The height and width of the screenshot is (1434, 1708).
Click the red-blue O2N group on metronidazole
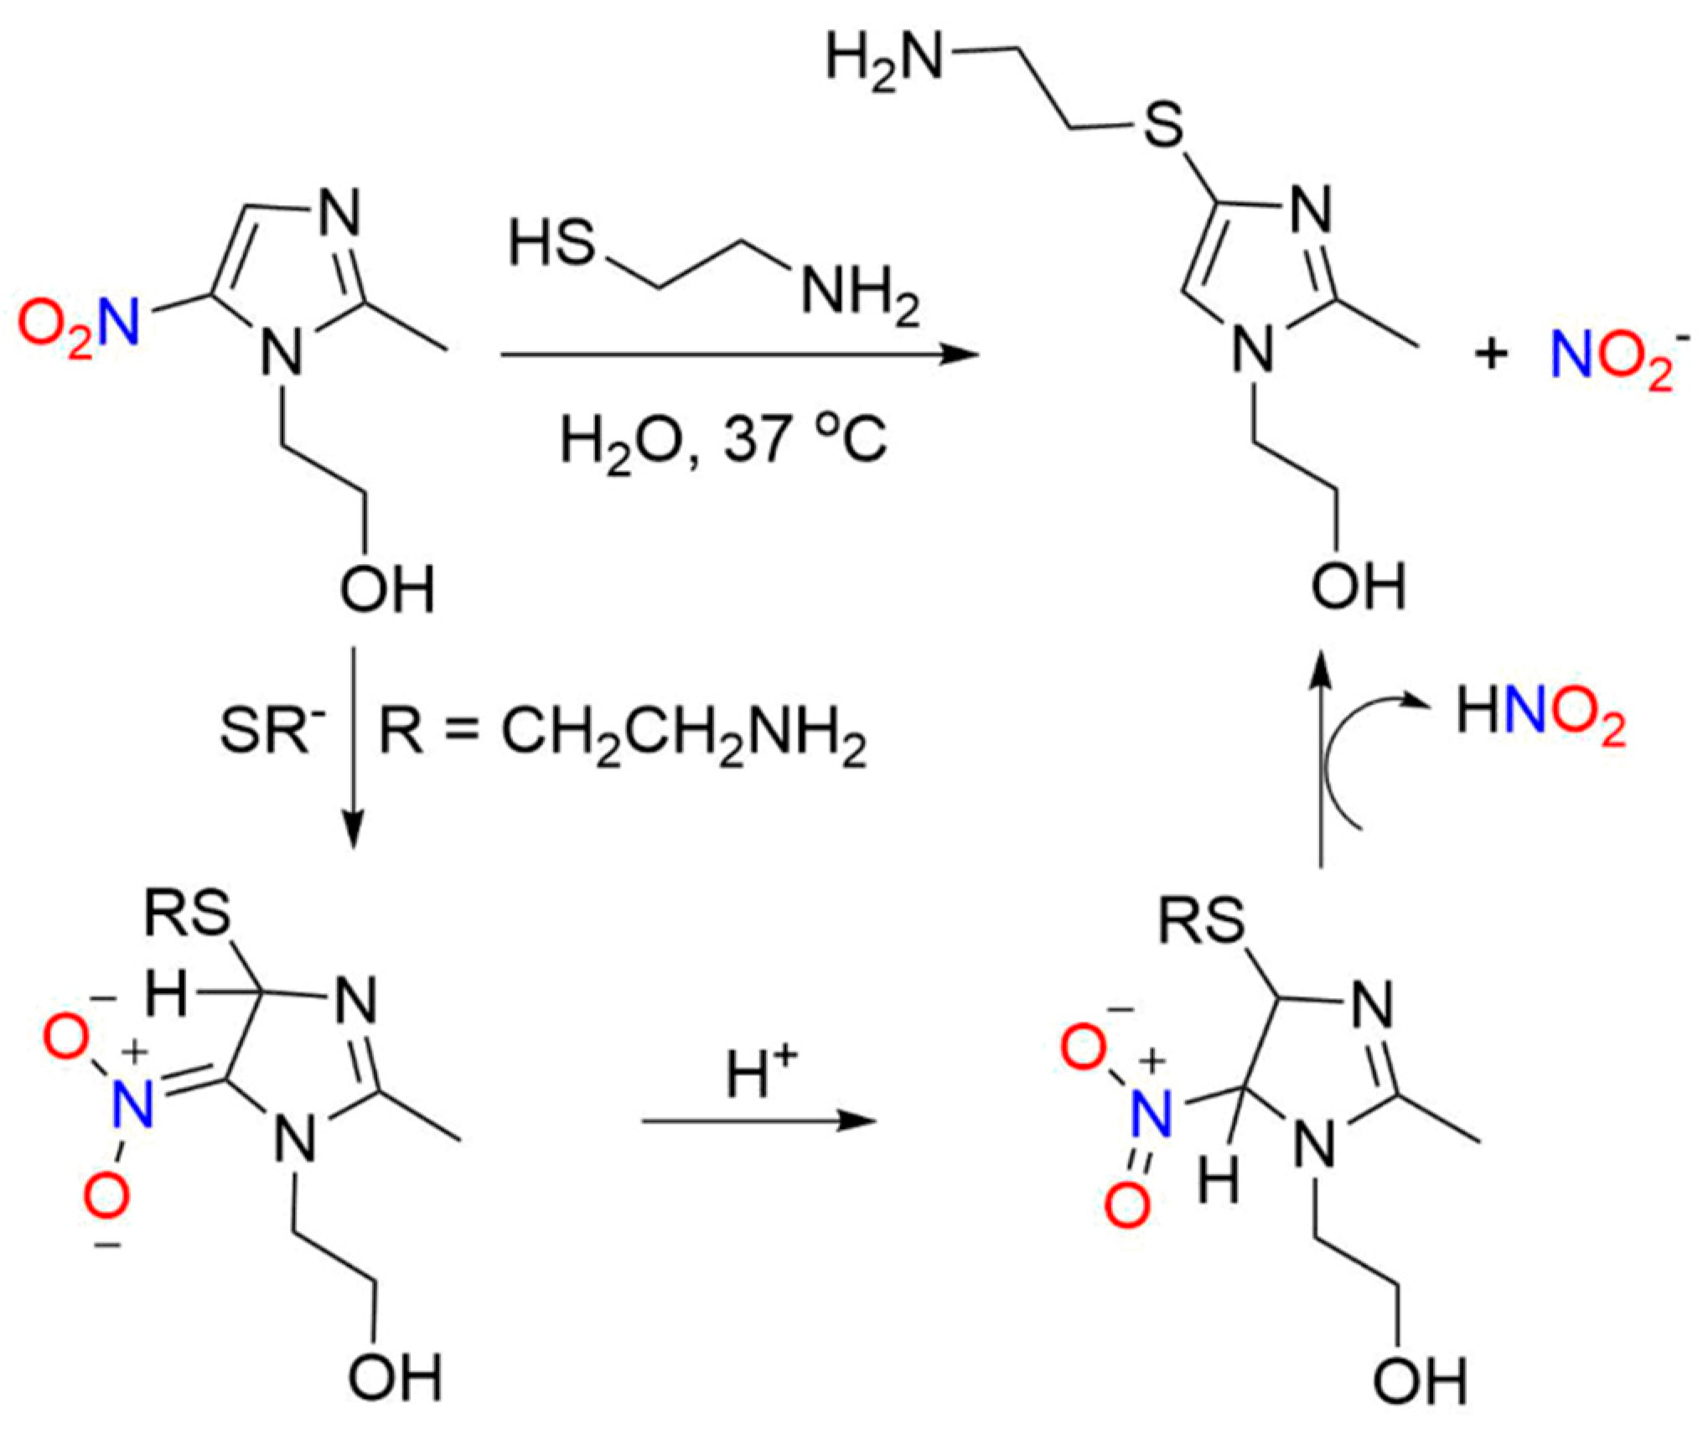(78, 326)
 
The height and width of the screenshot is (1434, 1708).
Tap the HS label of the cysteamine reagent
(552, 245)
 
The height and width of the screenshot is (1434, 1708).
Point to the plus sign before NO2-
(1491, 354)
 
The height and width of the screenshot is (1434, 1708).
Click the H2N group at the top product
(884, 60)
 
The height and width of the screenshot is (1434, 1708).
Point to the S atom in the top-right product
(1163, 127)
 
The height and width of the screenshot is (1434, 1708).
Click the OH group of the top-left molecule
(387, 588)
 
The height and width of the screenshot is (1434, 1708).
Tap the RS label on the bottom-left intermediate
(188, 914)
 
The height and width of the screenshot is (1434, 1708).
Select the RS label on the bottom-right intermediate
(1202, 921)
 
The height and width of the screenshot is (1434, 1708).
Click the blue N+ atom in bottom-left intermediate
(133, 1105)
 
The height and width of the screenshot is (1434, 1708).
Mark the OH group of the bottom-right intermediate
(1420, 1380)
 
